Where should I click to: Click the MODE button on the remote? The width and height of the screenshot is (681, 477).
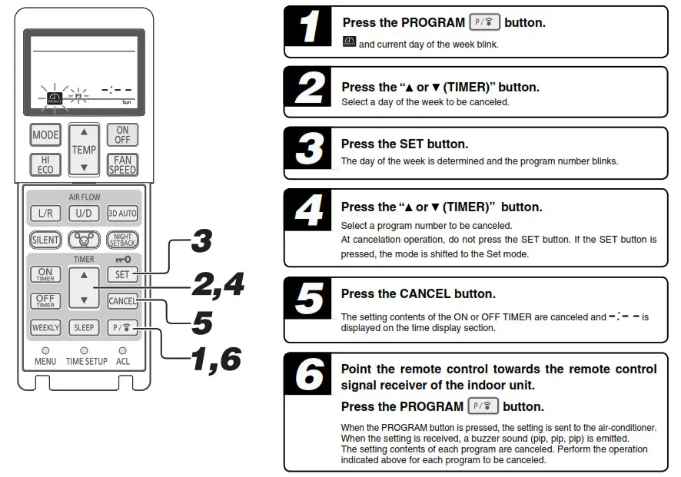[45, 135]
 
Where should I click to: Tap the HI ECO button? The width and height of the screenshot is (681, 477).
[45, 164]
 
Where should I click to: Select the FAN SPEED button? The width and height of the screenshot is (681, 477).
[122, 164]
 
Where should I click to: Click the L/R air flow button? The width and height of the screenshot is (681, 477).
[45, 214]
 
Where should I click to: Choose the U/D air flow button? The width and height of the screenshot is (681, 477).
[84, 214]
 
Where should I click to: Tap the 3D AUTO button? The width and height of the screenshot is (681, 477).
[122, 214]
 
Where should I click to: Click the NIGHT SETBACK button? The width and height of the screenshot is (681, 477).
[122, 239]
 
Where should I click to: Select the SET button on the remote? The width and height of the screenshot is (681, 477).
[122, 274]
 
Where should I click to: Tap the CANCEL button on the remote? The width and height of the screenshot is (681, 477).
[122, 301]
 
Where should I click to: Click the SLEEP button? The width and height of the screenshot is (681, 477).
[84, 327]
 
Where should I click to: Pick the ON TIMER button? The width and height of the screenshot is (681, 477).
[45, 274]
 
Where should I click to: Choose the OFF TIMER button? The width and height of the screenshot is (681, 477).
[45, 301]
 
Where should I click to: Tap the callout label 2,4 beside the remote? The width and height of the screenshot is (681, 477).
[217, 283]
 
